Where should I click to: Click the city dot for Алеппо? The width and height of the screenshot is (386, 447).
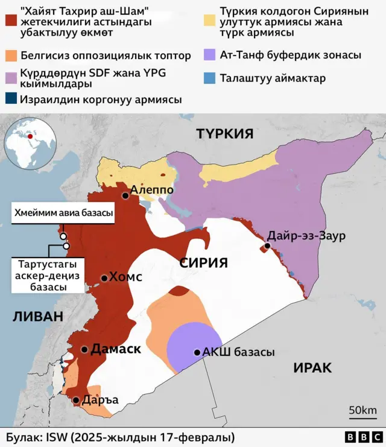[x=125, y=195]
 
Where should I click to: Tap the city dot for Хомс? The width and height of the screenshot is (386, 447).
[x=104, y=278]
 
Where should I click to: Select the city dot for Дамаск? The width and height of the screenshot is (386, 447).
[x=84, y=349]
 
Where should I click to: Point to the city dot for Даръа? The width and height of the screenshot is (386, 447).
[x=76, y=400]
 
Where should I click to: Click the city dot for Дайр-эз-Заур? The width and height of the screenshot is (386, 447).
[x=267, y=246]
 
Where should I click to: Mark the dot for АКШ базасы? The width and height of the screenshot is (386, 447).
[x=197, y=352]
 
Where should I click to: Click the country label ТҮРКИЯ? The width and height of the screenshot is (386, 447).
[x=224, y=134]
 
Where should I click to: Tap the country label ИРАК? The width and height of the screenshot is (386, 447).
[x=314, y=367]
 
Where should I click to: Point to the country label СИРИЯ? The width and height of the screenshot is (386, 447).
[x=203, y=262]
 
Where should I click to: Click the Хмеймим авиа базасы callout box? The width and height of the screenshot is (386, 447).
[x=65, y=214]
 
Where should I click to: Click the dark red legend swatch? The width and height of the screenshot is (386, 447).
[x=10, y=19]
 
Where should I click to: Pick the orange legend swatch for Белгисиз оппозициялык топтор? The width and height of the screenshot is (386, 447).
[x=10, y=55]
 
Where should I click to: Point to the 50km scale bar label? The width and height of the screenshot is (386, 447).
[x=362, y=411]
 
